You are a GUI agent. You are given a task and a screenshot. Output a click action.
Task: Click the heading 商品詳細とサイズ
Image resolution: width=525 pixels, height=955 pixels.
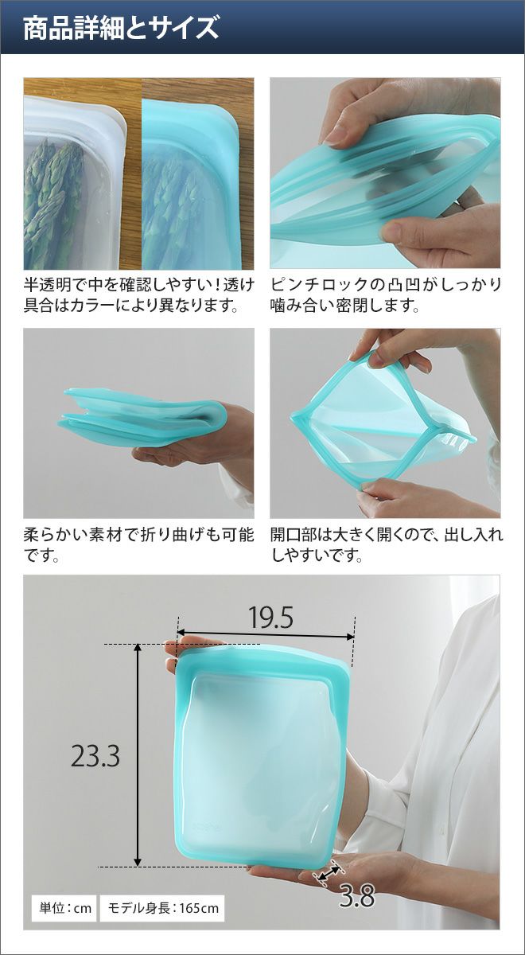(121, 29)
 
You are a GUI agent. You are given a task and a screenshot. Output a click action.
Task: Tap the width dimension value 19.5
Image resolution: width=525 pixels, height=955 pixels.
(270, 618)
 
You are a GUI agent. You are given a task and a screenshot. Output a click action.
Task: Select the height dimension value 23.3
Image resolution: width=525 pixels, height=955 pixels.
(95, 755)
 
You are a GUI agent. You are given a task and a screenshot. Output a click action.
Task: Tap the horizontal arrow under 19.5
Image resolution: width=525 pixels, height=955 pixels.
(266, 634)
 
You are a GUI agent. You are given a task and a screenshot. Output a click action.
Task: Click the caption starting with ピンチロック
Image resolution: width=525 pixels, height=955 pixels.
(386, 295)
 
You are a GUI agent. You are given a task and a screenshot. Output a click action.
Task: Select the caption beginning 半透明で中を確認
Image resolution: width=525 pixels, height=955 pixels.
(139, 295)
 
